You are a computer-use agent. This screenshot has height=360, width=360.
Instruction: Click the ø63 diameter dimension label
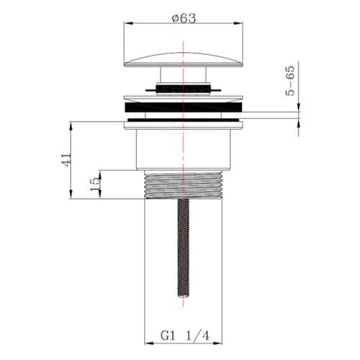coord(184,19)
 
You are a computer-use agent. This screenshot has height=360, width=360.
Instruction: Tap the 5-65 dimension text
coord(290,81)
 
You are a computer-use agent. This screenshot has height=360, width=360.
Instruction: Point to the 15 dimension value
coord(95,184)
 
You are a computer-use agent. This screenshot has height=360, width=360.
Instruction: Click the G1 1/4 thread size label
coord(185,336)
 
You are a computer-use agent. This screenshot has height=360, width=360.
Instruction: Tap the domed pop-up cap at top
coord(184,60)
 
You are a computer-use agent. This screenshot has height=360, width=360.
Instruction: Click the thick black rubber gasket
coord(184,107)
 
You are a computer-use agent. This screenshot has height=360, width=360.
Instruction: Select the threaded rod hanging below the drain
coord(183,248)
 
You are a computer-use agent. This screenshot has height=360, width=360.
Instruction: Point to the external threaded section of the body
coord(183,184)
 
